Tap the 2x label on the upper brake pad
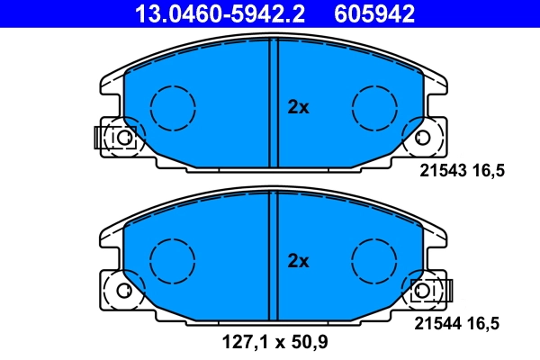coord(298,107)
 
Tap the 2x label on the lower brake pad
coord(298,262)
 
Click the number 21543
coord(443,170)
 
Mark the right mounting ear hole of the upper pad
coord(423,138)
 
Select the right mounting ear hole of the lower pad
coord(423,292)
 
